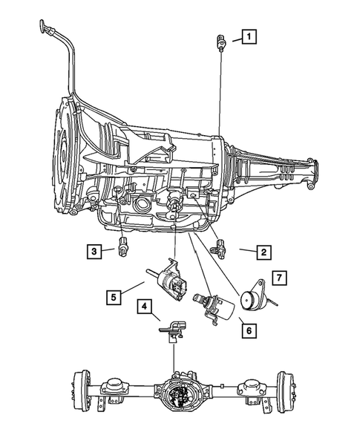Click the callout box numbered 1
(x=248, y=36)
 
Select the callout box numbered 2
(x=262, y=252)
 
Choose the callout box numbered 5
(x=113, y=297)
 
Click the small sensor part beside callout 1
(x=220, y=42)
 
